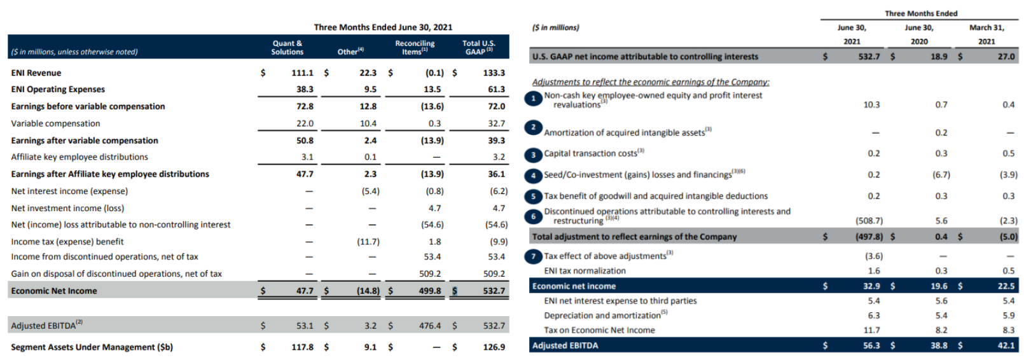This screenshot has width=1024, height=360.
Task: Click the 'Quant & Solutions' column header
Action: (x=287, y=48)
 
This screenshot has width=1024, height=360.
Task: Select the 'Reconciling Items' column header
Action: (x=415, y=48)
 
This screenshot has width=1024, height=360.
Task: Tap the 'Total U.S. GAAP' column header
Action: (x=479, y=48)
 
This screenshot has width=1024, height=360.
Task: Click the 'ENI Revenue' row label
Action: (x=36, y=73)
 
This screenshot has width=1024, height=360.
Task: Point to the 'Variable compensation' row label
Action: (x=55, y=123)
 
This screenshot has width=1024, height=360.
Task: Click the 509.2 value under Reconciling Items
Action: (x=430, y=273)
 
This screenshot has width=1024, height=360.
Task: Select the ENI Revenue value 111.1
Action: (x=302, y=73)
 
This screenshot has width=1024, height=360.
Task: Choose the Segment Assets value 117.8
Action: (x=302, y=347)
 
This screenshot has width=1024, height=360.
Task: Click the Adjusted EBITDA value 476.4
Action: (x=430, y=326)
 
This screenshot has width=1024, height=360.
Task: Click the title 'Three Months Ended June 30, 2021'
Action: (x=383, y=27)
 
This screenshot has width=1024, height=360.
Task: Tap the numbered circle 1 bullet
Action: (x=533, y=99)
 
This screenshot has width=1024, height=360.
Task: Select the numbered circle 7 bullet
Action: (x=533, y=256)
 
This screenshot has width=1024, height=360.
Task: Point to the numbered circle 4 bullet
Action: (x=533, y=176)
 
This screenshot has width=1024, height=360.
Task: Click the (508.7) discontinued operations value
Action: (x=869, y=221)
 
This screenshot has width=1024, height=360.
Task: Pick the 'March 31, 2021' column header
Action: (x=986, y=34)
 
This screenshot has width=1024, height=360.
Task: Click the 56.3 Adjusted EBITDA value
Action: (x=871, y=345)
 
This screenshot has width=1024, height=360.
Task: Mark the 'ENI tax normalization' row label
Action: (x=585, y=271)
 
